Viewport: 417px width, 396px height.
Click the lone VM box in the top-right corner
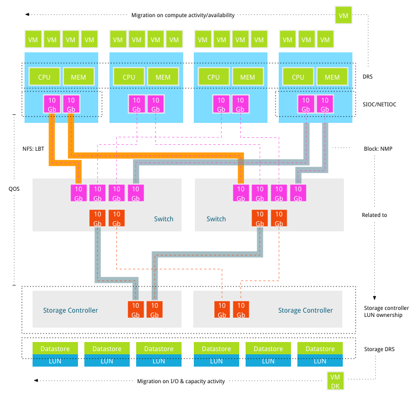coord(344,15)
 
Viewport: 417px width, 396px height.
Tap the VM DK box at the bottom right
coord(335,381)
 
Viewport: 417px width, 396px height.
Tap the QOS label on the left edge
coord(14,189)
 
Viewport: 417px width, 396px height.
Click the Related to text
coord(374,215)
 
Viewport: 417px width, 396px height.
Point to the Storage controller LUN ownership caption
coord(386,312)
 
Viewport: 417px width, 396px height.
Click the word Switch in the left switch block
coord(163,219)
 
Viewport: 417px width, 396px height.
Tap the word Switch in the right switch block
coord(216,219)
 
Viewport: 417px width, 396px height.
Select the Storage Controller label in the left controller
coord(70,310)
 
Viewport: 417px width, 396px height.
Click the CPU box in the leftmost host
coord(44,77)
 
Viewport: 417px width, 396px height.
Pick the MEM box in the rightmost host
coord(332,77)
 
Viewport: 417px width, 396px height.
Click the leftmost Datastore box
coord(55,348)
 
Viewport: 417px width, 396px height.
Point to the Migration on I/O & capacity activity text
coord(181,381)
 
